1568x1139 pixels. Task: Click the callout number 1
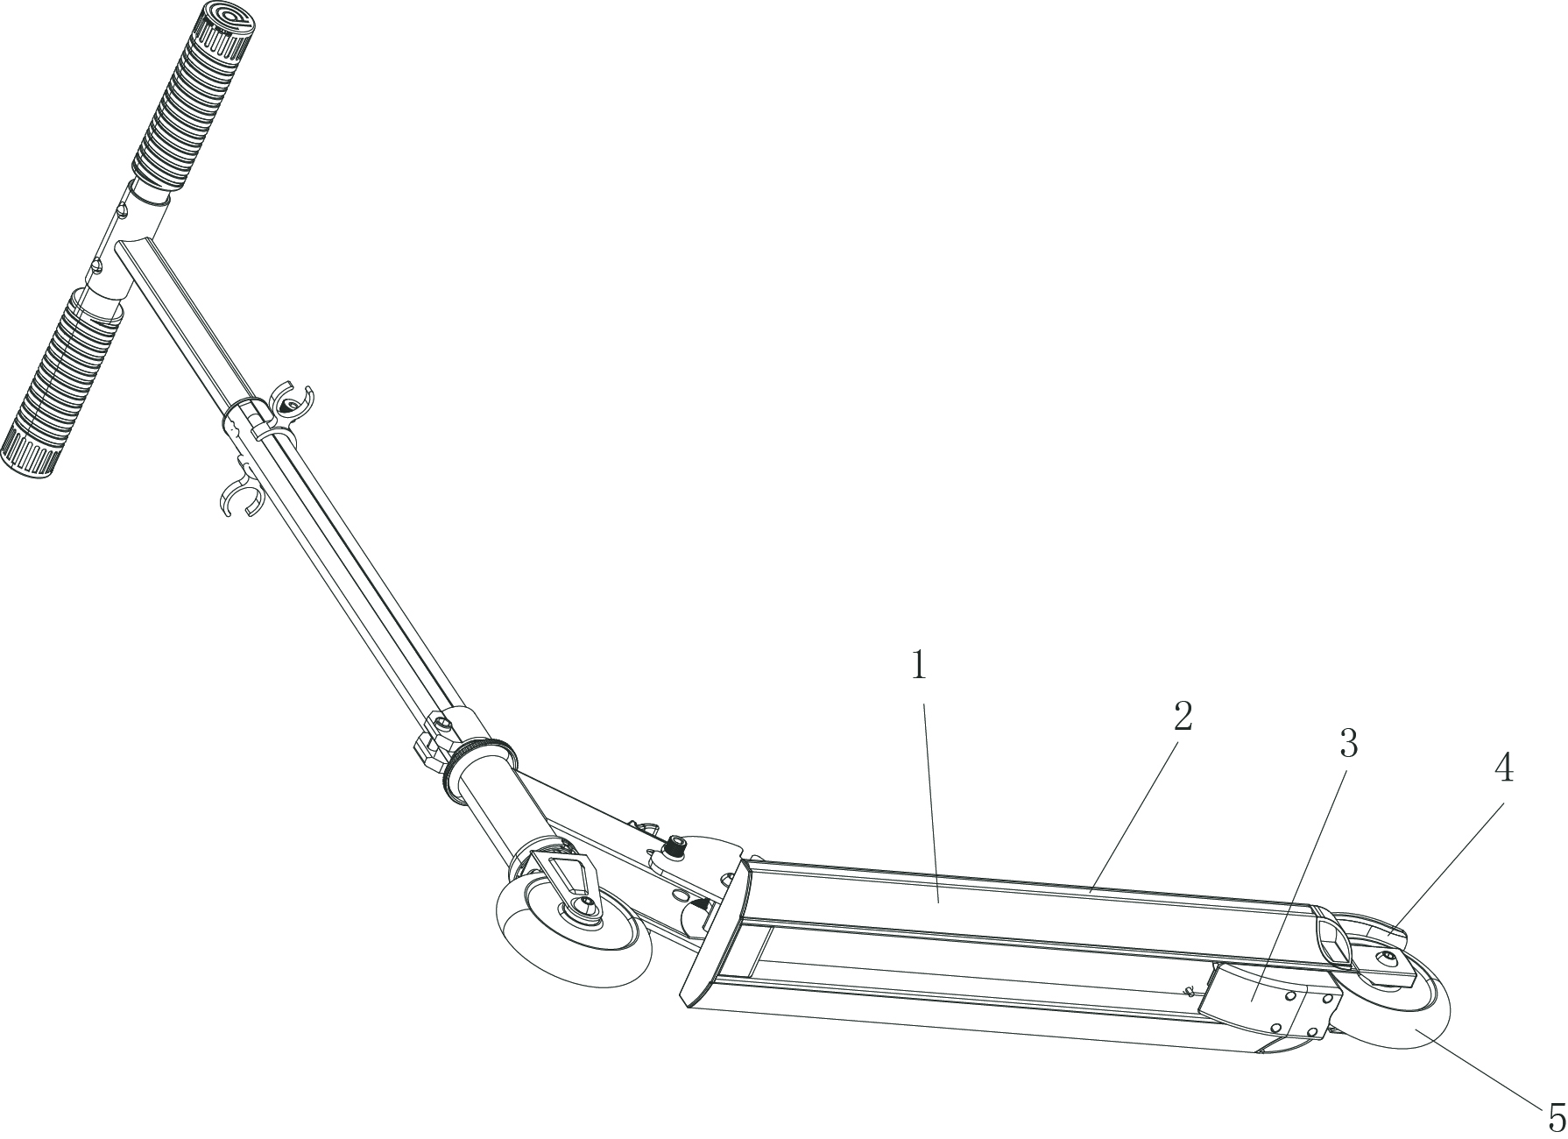(919, 666)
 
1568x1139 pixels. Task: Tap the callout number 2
(1183, 717)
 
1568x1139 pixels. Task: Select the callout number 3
(1349, 744)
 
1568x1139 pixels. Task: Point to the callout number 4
(1503, 769)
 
